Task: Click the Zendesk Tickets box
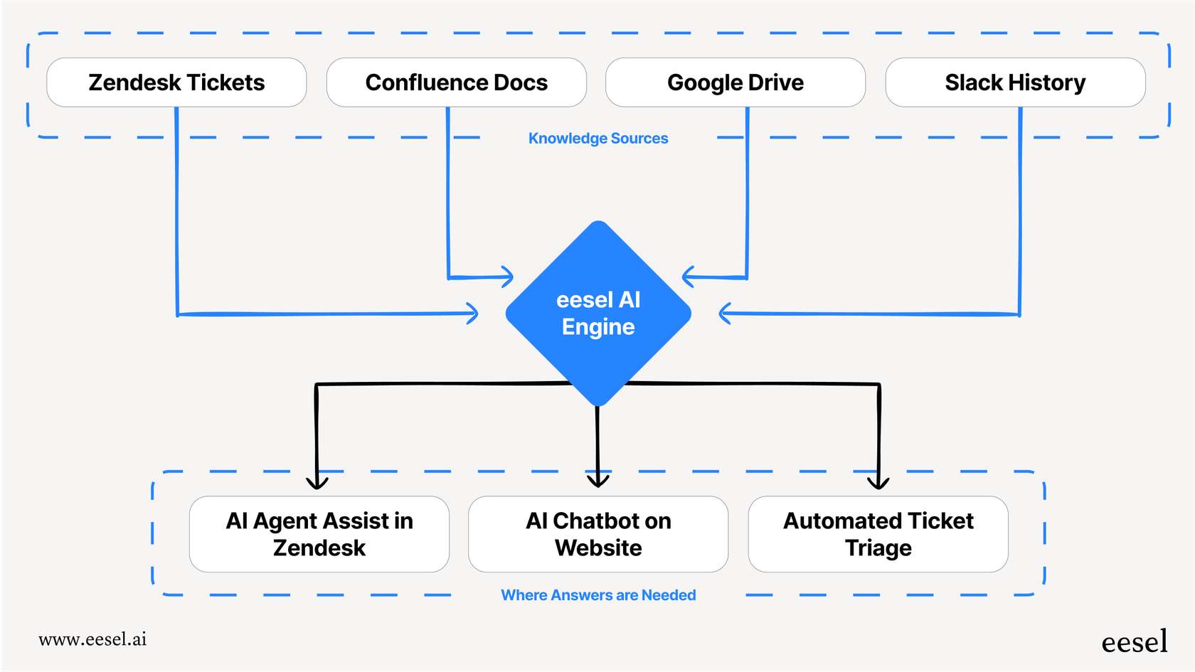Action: point(176,82)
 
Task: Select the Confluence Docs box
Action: point(456,82)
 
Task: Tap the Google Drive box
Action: point(735,82)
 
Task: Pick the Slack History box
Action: point(1015,82)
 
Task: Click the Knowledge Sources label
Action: point(598,139)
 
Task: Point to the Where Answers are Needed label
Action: point(598,595)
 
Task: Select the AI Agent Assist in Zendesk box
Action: point(319,534)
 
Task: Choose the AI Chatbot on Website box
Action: point(598,534)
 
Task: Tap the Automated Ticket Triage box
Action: point(878,534)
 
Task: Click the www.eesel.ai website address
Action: point(92,639)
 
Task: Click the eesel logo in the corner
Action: point(1134,642)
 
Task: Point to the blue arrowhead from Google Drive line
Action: point(688,277)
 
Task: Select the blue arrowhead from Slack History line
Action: point(725,313)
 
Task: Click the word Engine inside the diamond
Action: point(598,327)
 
